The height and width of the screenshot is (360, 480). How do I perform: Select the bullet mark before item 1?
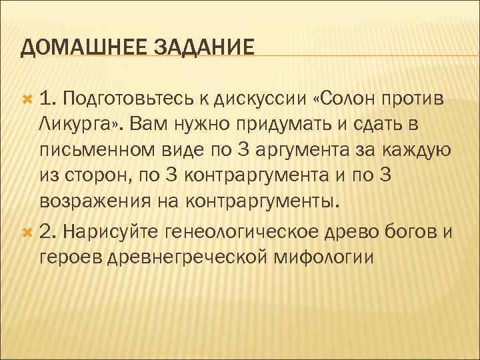27,99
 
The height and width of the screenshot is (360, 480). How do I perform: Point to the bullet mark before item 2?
27,231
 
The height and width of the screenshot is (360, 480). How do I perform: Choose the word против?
414,100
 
